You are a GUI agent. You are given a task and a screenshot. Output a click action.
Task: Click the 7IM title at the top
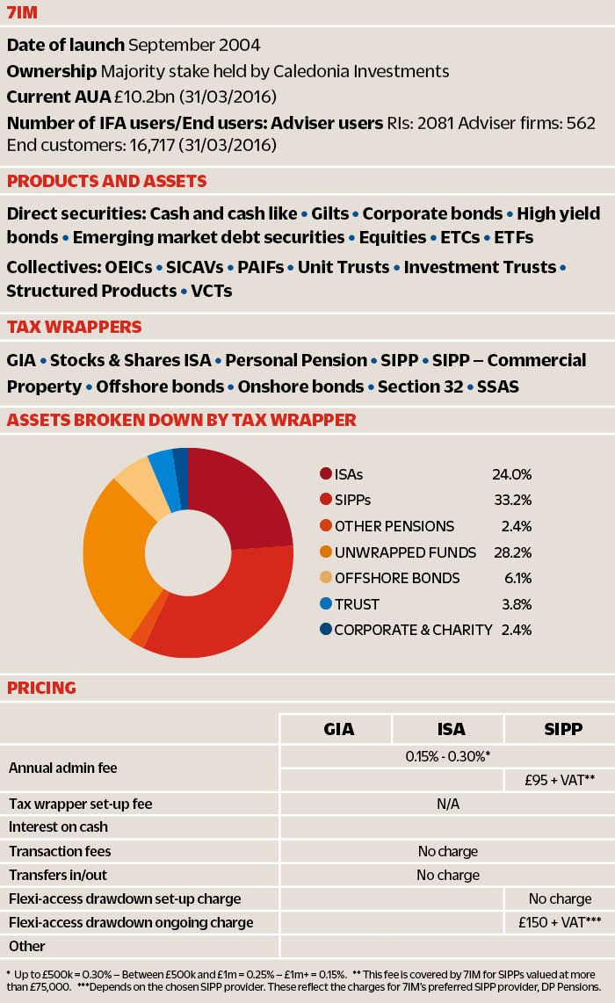pyautogui.click(x=23, y=12)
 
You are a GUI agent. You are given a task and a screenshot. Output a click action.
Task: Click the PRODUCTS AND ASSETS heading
pyautogui.click(x=106, y=181)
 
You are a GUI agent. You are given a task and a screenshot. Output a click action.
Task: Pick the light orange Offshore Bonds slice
pyautogui.click(x=136, y=478)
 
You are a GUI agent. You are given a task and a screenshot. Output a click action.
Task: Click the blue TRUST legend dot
pyautogui.click(x=325, y=604)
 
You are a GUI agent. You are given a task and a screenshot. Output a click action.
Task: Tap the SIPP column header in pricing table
pyautogui.click(x=559, y=729)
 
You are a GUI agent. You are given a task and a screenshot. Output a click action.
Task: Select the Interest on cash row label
pyautogui.click(x=58, y=826)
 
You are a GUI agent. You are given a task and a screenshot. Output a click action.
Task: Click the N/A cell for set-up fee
pyautogui.click(x=447, y=804)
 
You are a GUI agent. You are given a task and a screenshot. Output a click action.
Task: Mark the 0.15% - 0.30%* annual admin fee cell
pyautogui.click(x=447, y=755)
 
